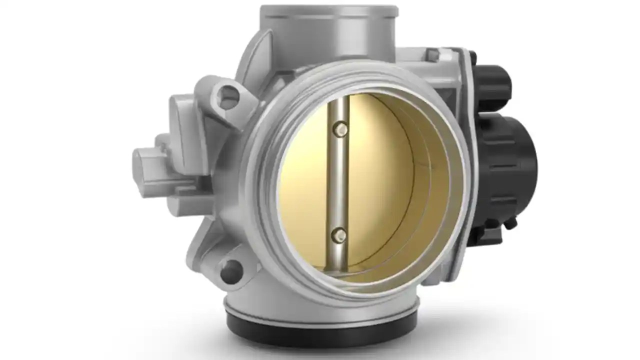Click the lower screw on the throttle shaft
click(x=339, y=234)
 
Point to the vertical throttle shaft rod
click(x=340, y=180)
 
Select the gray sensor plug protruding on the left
click(x=150, y=165)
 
